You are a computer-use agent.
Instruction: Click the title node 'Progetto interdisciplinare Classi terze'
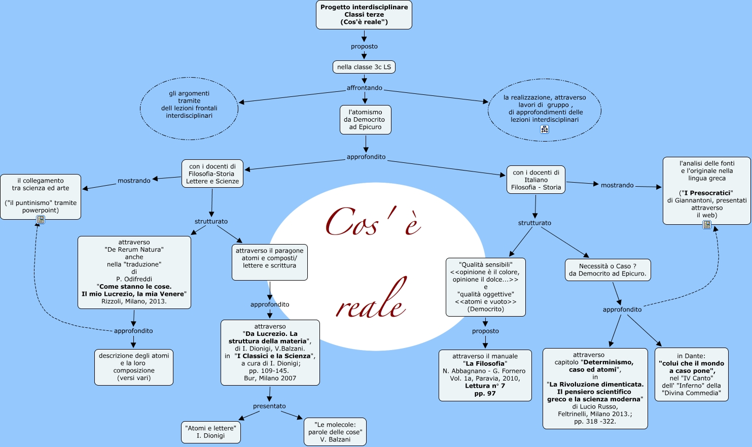pos(364,15)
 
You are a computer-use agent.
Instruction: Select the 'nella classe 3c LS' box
pos(364,67)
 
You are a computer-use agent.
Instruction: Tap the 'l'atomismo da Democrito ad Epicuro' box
pos(365,120)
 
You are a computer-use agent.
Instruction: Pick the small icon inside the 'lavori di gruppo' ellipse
pos(545,129)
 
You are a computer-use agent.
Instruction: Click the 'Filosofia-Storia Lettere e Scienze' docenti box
pos(212,174)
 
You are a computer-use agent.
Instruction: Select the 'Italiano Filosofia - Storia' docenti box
pos(536,180)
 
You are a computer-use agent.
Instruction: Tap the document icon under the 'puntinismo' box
pos(41,220)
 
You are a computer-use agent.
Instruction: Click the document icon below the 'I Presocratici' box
pos(707,225)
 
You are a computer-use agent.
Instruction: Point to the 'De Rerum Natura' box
pos(134,272)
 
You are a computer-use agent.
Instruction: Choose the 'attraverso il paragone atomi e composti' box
pos(269,262)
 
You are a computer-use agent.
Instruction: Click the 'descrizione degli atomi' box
pos(134,367)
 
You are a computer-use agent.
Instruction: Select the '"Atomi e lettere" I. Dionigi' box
pos(210,432)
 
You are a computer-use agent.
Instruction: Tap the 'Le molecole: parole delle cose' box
pos(335,432)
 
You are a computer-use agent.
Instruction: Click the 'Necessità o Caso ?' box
pos(607,270)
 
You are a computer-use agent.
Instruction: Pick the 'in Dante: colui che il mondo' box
pos(691,374)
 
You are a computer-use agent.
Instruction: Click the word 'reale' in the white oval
pos(372,299)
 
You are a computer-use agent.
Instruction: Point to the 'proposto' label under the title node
pos(364,47)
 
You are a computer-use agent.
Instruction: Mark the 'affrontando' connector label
pos(364,88)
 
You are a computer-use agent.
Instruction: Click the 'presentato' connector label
pos(269,406)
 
